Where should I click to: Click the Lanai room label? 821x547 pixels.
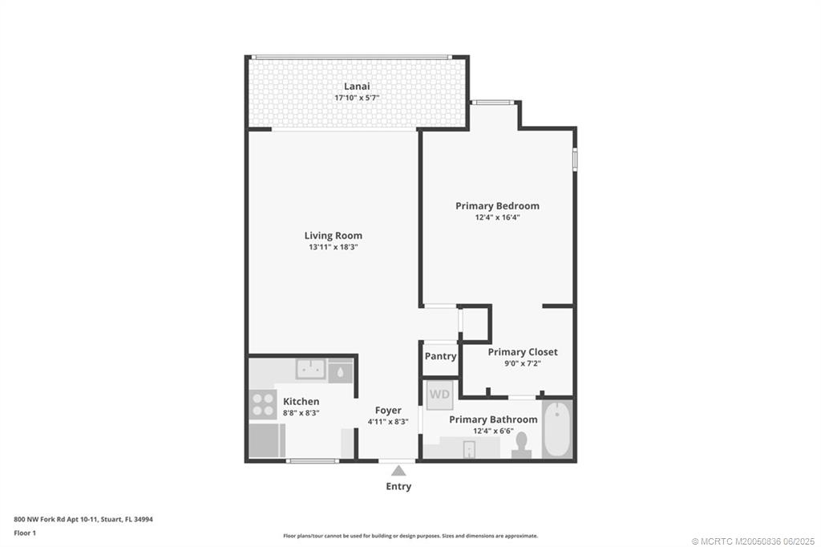(357, 86)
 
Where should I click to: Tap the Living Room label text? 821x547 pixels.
(333, 236)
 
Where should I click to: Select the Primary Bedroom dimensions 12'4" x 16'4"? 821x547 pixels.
(497, 217)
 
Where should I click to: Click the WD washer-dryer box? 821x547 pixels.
(439, 394)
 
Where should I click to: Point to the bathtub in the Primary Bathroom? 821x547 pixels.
(557, 429)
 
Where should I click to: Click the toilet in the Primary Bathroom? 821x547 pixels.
(522, 445)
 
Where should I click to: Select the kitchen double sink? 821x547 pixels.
(310, 370)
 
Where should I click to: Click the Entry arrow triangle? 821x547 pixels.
(398, 472)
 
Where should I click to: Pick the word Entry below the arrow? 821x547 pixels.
(398, 487)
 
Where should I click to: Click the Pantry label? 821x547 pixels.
(440, 356)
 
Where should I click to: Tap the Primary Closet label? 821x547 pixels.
(522, 352)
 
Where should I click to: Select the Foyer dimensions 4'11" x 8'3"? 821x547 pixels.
(389, 421)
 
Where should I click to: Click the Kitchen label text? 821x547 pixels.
(301, 401)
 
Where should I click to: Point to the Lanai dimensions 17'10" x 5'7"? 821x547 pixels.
(357, 98)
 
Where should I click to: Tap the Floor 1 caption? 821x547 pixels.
(25, 533)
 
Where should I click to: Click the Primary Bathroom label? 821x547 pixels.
(493, 419)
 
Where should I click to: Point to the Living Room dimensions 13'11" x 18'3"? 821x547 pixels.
(333, 247)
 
